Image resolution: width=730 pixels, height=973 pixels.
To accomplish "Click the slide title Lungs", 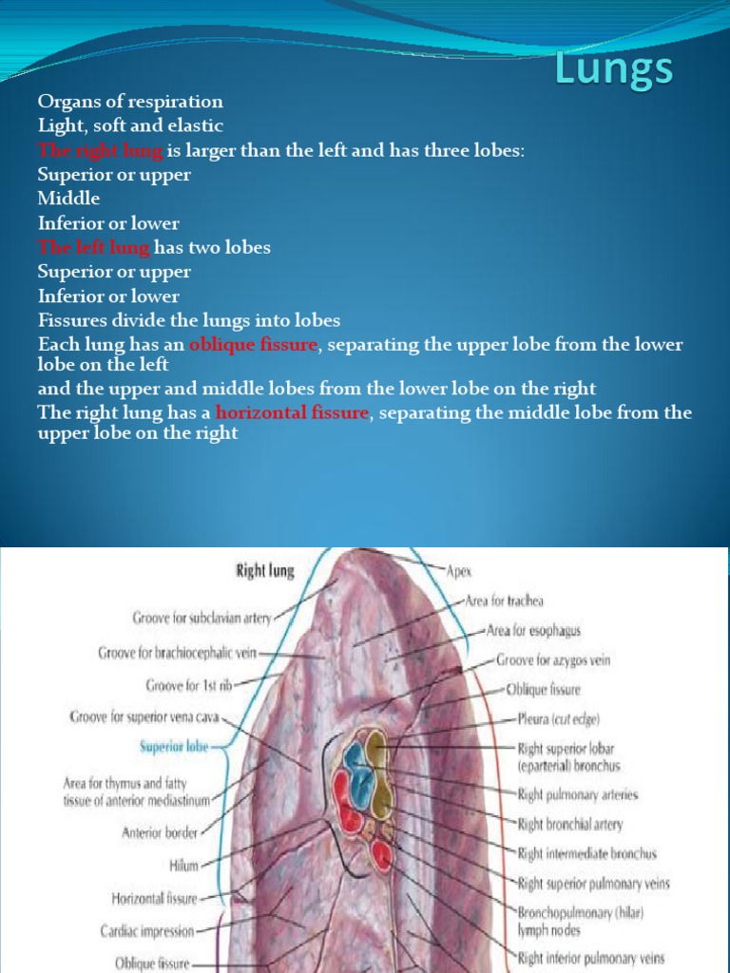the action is (x=614, y=69).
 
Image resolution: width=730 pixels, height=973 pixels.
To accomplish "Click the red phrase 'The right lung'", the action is (x=101, y=150).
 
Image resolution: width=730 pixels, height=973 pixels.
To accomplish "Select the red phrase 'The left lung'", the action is (x=93, y=247).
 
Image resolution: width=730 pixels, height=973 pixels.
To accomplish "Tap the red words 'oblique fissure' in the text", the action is (x=253, y=344).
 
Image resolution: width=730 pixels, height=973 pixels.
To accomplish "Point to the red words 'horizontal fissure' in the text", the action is (x=292, y=412).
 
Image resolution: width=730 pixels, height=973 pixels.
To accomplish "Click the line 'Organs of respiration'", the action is (x=130, y=102).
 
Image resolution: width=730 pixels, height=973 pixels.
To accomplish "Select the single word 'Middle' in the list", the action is (x=68, y=199).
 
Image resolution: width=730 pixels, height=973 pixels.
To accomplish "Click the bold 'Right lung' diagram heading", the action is (x=265, y=571).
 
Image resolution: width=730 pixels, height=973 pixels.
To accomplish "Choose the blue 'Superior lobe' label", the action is (x=173, y=747).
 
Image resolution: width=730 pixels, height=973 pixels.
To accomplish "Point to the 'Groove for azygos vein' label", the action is (x=553, y=659).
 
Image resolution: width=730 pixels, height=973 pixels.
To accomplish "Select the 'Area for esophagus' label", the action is (x=533, y=630).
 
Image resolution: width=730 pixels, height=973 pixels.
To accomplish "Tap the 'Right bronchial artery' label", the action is (x=570, y=824).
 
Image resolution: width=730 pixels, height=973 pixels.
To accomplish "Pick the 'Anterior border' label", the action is (x=160, y=832).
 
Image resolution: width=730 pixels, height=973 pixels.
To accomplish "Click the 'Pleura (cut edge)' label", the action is (x=558, y=719).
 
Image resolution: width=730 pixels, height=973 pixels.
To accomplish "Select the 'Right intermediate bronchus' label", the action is (x=586, y=854).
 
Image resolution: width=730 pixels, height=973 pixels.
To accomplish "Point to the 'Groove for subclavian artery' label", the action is (x=202, y=619).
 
